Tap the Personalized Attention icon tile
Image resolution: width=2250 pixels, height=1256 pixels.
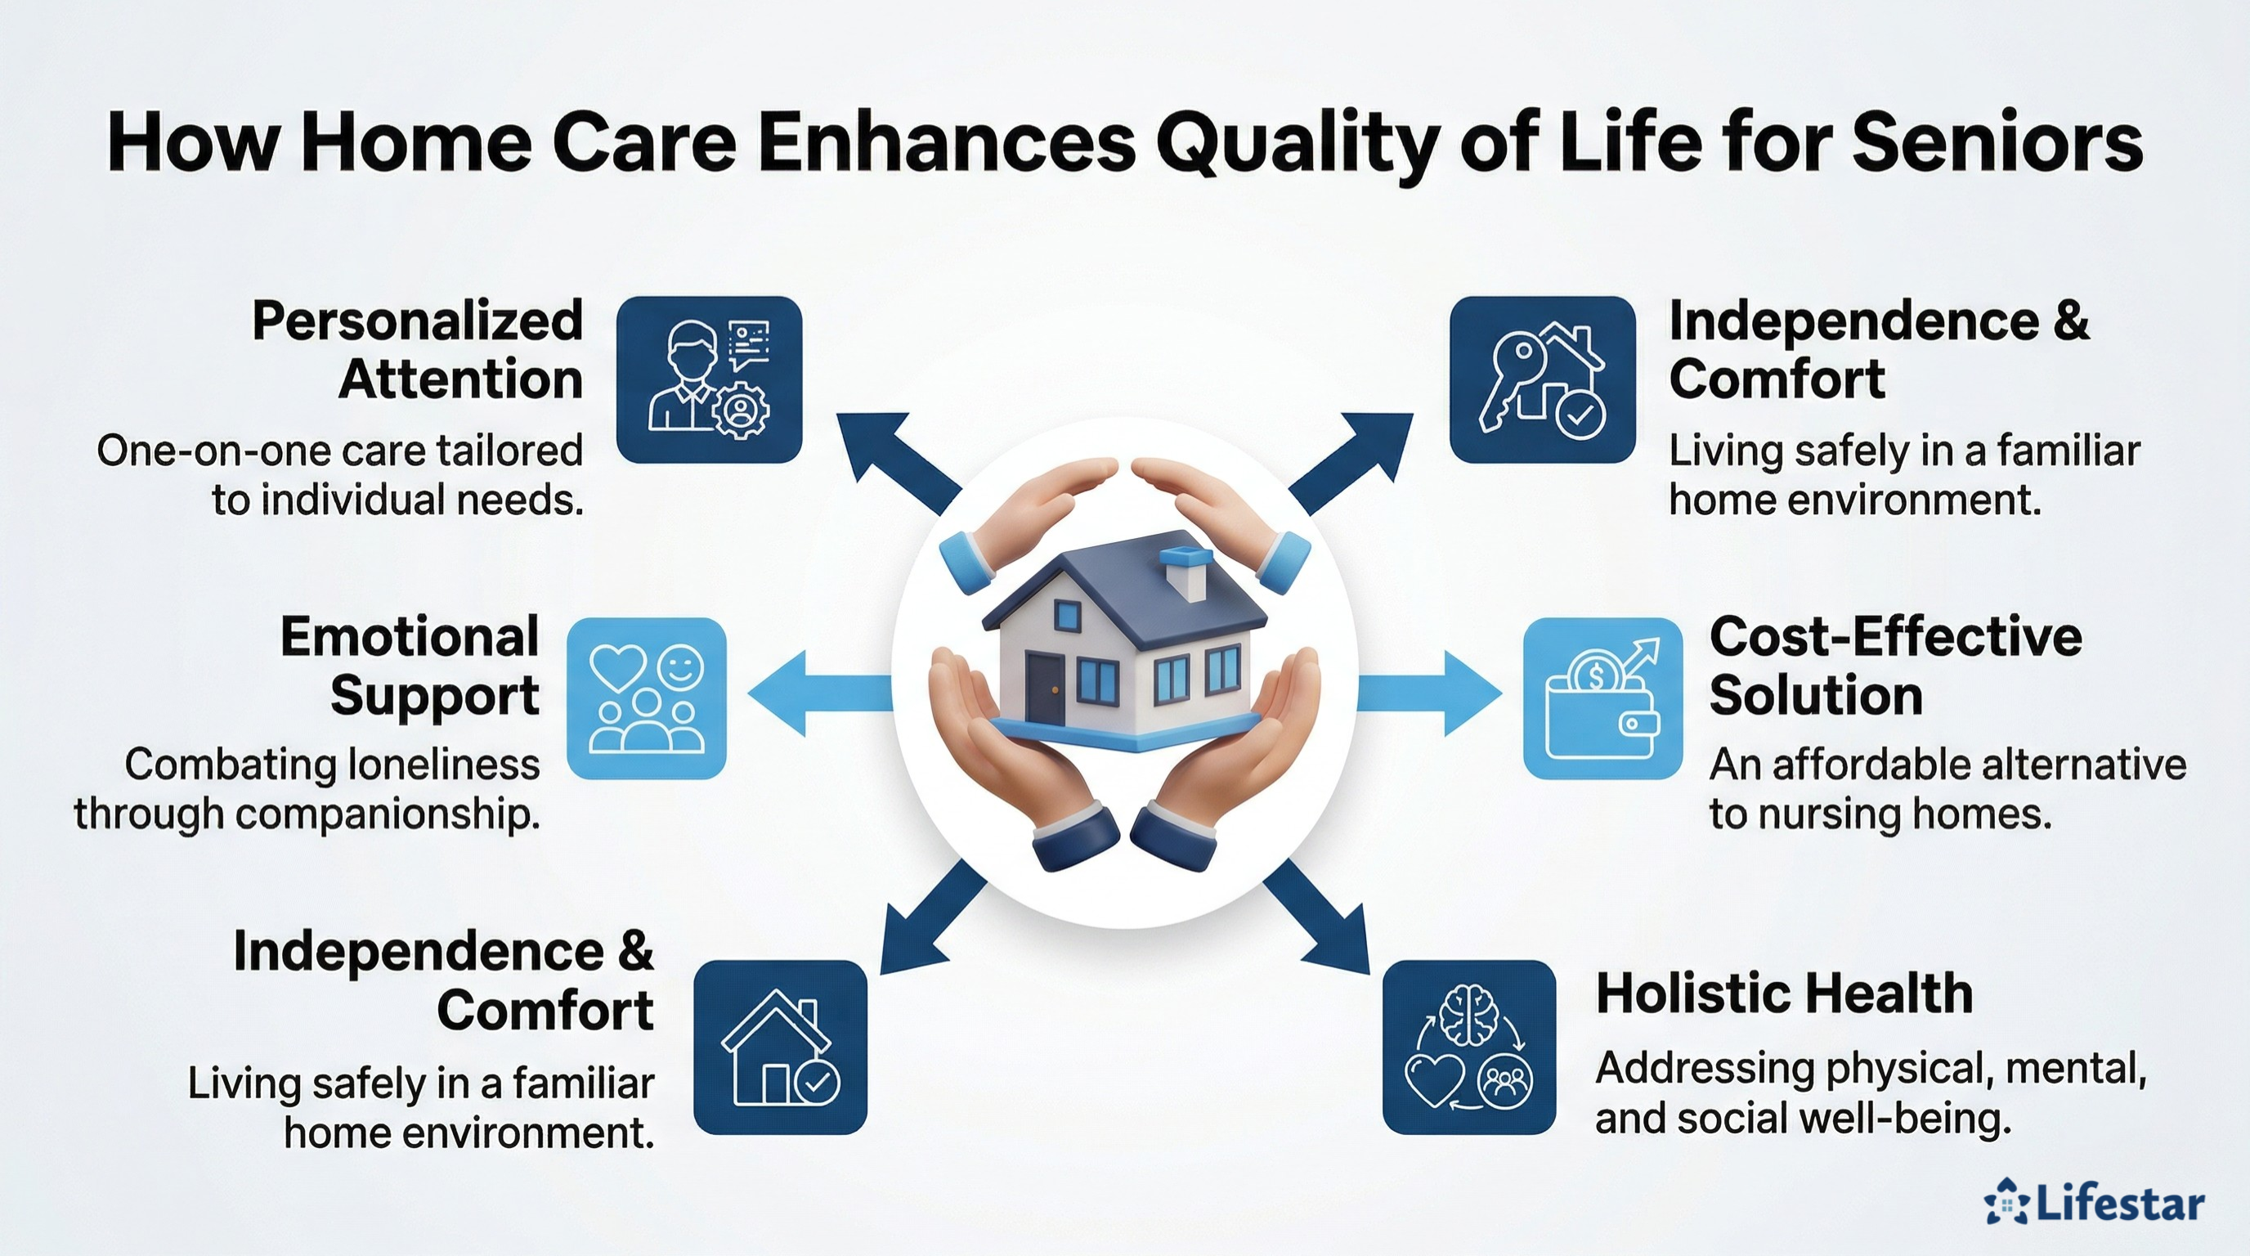pyautogui.click(x=709, y=379)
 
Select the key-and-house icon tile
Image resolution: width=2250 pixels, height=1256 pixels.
pyautogui.click(x=1542, y=379)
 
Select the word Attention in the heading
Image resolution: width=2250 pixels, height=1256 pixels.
pyautogui.click(x=460, y=379)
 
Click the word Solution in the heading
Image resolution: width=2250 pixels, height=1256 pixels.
pyautogui.click(x=1816, y=696)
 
